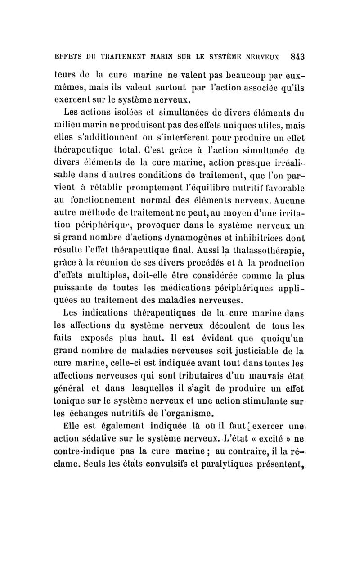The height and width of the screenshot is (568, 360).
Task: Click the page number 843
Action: [x=297, y=57]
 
